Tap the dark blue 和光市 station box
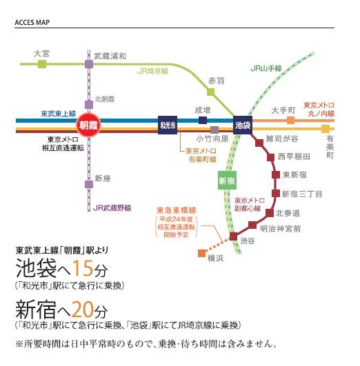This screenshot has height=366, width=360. [168, 125]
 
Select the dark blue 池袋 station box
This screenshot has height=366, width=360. [242, 125]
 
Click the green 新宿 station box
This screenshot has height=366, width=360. [227, 180]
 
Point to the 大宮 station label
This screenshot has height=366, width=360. [43, 52]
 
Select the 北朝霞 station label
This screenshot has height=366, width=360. [105, 99]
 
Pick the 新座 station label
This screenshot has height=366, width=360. [102, 179]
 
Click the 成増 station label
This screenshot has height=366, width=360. [201, 109]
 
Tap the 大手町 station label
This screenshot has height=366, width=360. [283, 110]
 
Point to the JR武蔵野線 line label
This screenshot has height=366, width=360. [111, 207]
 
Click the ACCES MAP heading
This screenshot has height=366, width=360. [33, 21]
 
